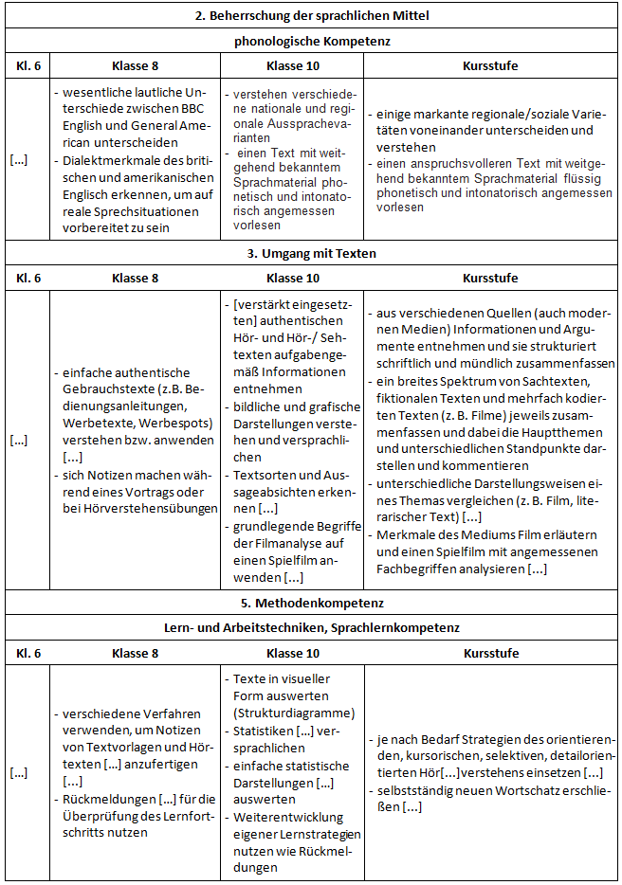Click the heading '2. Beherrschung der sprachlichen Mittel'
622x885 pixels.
click(x=312, y=16)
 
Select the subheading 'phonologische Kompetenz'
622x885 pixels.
click(x=312, y=41)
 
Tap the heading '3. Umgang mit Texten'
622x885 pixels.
click(x=312, y=253)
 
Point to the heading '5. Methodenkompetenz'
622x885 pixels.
click(x=312, y=602)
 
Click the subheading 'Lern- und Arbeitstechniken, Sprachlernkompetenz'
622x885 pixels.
click(x=312, y=627)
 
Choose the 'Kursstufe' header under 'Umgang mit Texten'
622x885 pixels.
click(x=490, y=279)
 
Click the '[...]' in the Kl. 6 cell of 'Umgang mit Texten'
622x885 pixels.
click(x=19, y=441)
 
